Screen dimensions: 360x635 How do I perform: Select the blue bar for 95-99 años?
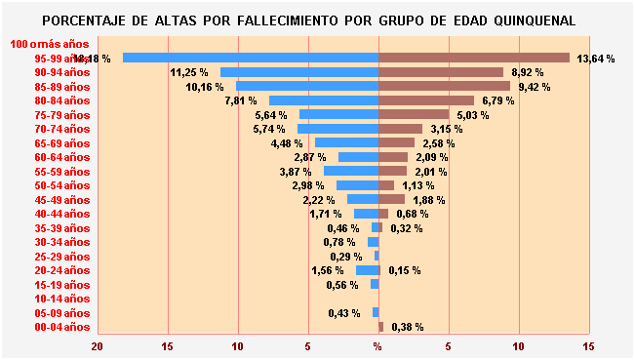click(251, 58)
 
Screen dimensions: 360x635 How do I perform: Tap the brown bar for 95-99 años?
click(474, 58)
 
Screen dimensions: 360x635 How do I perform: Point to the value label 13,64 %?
click(596, 59)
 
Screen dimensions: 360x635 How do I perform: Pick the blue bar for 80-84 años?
click(324, 100)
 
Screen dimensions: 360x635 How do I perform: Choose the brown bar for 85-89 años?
click(444, 86)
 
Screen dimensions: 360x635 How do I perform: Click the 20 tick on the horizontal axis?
click(98, 346)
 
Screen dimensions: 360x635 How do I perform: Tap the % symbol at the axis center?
click(378, 346)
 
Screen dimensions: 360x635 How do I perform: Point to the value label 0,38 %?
click(407, 328)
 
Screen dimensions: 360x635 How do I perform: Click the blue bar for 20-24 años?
click(368, 270)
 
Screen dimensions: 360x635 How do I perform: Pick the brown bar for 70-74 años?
click(401, 129)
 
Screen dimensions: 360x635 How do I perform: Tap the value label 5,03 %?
click(473, 115)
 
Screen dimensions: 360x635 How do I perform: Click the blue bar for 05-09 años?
click(376, 312)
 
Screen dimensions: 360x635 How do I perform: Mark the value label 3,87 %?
click(296, 172)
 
